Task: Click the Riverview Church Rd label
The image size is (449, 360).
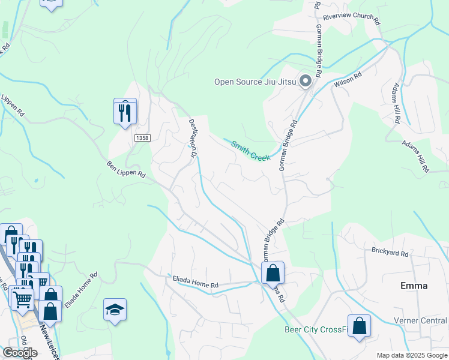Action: [352, 19]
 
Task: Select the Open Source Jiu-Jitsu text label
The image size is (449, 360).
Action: [256, 82]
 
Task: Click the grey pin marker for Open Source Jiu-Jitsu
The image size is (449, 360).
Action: [306, 80]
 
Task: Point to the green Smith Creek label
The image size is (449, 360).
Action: [251, 150]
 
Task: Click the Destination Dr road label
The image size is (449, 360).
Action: [194, 138]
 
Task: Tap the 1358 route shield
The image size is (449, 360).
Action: [142, 138]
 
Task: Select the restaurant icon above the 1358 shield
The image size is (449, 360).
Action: [125, 112]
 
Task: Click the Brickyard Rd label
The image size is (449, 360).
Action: [390, 253]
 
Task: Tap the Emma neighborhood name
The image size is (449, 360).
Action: [414, 286]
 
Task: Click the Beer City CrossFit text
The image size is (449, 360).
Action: [316, 329]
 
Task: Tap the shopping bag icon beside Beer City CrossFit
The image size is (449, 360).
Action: [359, 326]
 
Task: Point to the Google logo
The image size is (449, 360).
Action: [20, 353]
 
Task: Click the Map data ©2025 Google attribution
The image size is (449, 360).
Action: [411, 355]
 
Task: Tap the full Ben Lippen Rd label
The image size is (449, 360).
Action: [126, 169]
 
